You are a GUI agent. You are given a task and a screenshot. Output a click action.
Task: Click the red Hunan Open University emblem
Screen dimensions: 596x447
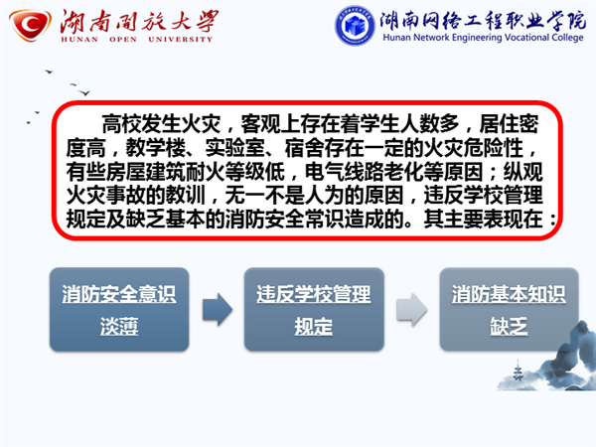[x=30, y=25]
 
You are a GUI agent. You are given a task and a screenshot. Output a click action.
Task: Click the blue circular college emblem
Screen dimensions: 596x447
[x=355, y=25]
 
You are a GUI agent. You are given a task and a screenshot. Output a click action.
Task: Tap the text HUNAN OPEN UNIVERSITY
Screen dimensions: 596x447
[x=136, y=39]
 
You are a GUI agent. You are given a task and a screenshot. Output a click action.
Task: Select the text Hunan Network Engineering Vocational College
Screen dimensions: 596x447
[x=483, y=38]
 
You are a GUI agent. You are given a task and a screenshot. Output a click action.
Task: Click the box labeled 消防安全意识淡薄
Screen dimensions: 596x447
[x=119, y=309]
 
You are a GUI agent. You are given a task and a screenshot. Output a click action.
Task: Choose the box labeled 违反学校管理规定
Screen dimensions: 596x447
[x=314, y=309]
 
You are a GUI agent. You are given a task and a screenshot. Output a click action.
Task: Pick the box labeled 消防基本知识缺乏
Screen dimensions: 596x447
[x=509, y=309]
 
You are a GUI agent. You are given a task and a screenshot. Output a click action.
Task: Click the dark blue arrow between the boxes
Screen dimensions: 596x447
[x=217, y=309]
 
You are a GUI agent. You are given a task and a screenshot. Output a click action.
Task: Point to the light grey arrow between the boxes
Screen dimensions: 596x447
[x=411, y=309]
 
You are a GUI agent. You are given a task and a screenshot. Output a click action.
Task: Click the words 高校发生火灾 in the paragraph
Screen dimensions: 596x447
[x=162, y=124]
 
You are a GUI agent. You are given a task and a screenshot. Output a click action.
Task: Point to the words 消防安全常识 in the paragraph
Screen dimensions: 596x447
[x=285, y=220]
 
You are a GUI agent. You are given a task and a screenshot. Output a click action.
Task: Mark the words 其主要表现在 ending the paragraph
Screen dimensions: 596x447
[x=483, y=220]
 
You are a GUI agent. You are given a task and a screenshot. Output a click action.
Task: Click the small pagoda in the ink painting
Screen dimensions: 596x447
[x=518, y=371]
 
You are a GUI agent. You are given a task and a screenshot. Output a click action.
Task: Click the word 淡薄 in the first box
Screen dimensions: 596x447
[x=119, y=326]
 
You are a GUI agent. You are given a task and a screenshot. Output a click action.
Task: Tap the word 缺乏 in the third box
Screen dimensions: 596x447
[x=509, y=326]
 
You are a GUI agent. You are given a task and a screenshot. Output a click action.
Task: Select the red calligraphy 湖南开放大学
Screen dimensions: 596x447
[x=139, y=21]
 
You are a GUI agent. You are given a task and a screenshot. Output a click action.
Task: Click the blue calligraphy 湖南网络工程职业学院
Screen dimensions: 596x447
[x=483, y=19]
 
